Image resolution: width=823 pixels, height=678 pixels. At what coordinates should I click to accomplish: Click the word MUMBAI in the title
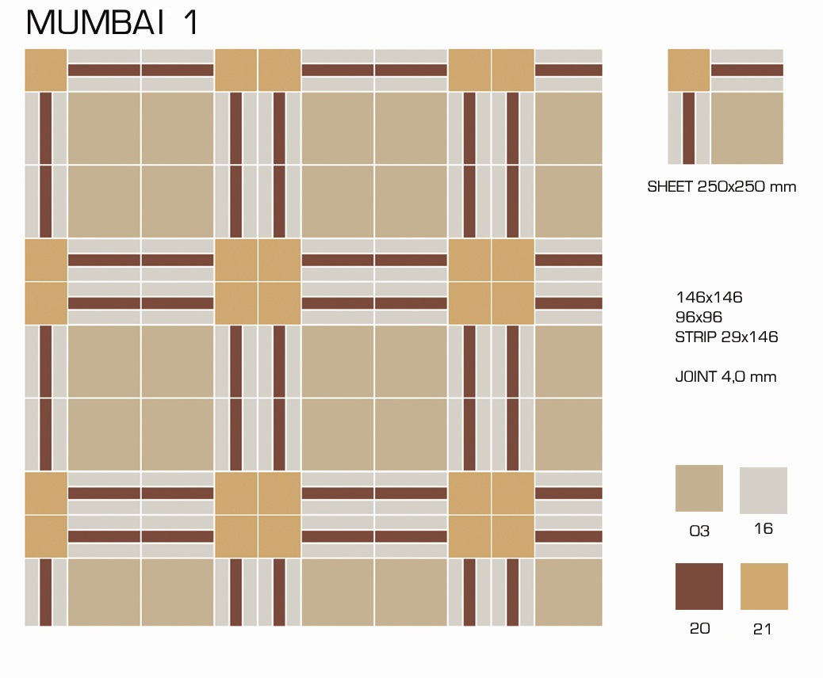click(95, 22)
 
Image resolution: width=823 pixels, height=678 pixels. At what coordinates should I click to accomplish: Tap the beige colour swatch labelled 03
click(699, 488)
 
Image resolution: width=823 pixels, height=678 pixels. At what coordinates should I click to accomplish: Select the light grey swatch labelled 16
click(764, 490)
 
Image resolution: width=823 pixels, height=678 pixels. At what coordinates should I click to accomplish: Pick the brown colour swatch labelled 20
click(699, 586)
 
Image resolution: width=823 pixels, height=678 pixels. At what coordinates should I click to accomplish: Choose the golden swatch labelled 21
click(764, 586)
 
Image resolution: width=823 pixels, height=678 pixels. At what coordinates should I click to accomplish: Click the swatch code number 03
click(699, 531)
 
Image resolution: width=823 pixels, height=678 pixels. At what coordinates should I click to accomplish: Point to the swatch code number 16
click(764, 528)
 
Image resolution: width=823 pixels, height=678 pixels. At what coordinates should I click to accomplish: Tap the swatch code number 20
click(699, 628)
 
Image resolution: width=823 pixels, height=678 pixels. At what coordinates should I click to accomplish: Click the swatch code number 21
click(762, 629)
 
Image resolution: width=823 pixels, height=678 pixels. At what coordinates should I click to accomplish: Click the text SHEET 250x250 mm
click(722, 187)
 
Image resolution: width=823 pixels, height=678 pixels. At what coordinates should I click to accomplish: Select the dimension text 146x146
click(709, 297)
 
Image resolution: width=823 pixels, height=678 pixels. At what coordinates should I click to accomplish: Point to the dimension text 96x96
click(699, 317)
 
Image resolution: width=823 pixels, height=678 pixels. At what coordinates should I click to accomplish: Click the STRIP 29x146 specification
click(726, 337)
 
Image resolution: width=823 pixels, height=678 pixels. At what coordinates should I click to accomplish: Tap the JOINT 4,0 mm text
click(725, 376)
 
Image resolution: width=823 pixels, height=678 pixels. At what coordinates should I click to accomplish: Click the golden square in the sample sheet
click(689, 70)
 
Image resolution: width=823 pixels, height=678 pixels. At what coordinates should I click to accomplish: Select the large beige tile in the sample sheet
click(747, 128)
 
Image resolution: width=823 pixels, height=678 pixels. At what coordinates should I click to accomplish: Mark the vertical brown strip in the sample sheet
click(689, 128)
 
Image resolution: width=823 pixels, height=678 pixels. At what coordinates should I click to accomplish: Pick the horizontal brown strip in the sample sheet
click(747, 70)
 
